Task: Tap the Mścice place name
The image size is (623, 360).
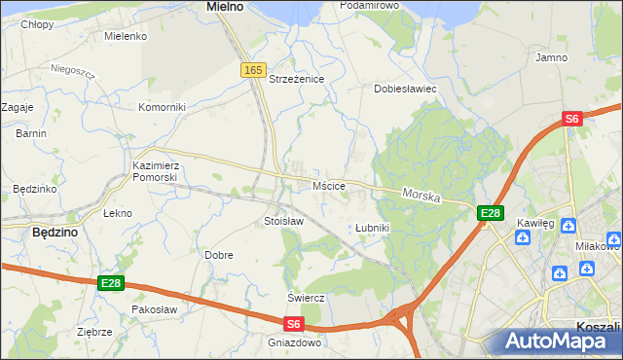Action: click(x=329, y=185)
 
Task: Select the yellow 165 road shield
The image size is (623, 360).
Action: click(x=253, y=70)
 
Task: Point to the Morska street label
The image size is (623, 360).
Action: click(x=421, y=197)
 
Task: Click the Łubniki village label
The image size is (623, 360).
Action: click(x=372, y=228)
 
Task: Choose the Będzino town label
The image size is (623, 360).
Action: click(x=55, y=234)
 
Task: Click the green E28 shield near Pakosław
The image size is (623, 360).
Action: click(x=111, y=283)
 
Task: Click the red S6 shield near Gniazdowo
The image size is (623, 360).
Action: click(x=294, y=324)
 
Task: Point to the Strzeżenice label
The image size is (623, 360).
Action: click(x=296, y=79)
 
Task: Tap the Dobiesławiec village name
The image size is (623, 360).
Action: click(x=405, y=89)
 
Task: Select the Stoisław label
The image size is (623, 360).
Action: click(x=284, y=222)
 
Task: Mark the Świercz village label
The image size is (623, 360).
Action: click(x=305, y=297)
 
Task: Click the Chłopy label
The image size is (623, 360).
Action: click(x=38, y=24)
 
